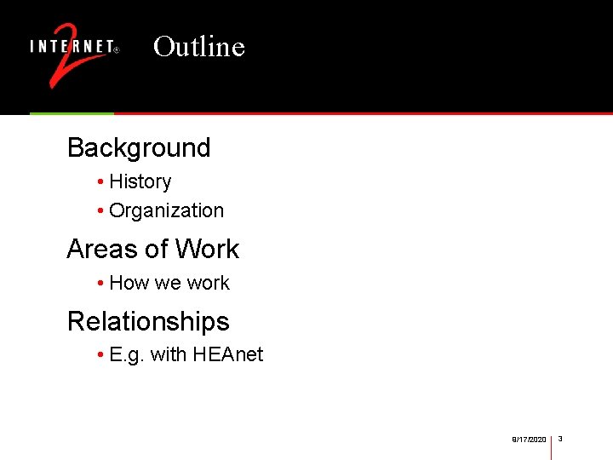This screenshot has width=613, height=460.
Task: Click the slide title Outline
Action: coord(199,46)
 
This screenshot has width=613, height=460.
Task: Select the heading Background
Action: coord(139,147)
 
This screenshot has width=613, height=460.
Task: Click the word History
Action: coord(140,181)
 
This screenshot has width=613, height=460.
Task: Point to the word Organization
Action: coord(167,210)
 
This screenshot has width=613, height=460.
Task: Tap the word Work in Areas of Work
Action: coord(209,249)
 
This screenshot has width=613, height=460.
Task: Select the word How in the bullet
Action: coord(129,283)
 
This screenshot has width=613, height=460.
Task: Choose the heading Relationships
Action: coord(148,321)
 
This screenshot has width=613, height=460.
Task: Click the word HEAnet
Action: coord(228,354)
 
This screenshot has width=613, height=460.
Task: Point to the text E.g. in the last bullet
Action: coord(127,354)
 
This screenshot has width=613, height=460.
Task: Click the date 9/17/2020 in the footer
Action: coord(529,440)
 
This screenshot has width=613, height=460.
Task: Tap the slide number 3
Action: coord(561,439)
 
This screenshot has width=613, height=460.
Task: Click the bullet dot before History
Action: coord(100,182)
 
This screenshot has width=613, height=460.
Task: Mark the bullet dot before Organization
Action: coord(100,211)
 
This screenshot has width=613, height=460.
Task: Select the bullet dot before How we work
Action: coord(100,284)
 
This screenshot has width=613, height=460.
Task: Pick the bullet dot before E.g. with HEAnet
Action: coord(100,355)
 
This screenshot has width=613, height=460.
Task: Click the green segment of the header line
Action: coord(72,113)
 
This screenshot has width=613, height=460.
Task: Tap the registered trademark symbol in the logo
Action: coord(117,49)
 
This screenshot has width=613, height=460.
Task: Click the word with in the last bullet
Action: coord(169,354)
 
